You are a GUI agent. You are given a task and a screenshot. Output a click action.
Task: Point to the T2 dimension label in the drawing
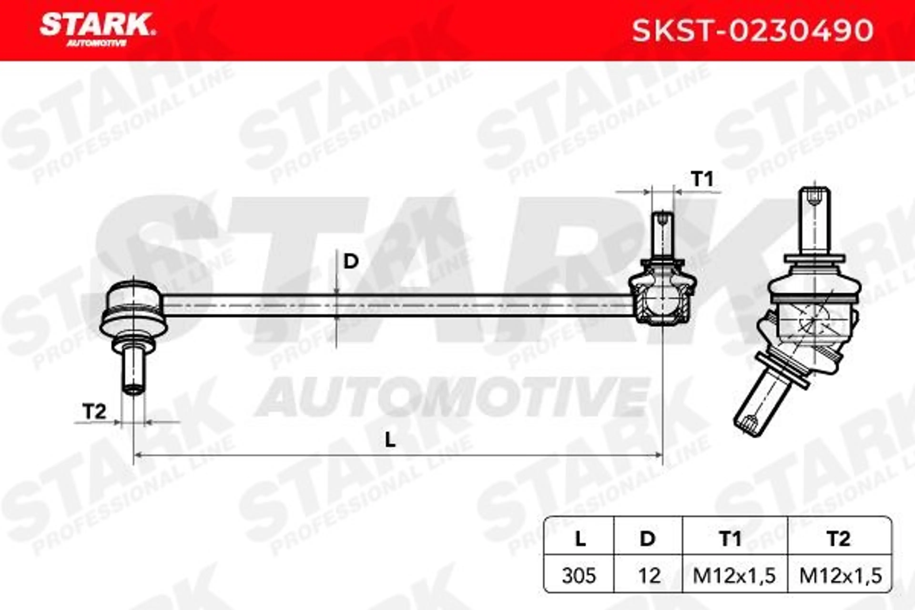click(95, 412)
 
